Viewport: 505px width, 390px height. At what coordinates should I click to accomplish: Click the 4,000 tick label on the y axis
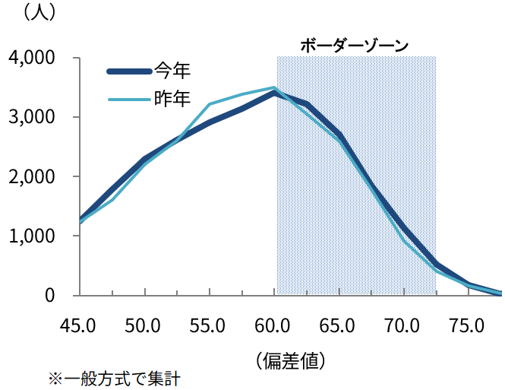point(30,58)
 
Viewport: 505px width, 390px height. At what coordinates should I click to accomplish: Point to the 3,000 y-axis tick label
point(30,117)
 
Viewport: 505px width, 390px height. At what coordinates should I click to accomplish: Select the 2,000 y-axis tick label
point(30,176)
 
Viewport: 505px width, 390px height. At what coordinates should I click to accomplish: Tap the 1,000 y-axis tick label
point(30,236)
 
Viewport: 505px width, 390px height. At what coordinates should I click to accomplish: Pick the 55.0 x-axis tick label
point(208,326)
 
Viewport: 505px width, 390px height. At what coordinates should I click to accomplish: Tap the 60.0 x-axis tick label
point(273,326)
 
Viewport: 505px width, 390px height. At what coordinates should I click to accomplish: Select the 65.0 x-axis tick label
point(339,326)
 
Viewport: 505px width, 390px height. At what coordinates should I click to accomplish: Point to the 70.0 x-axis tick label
point(403,326)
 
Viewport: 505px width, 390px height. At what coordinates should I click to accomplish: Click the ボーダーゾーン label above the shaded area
point(355,45)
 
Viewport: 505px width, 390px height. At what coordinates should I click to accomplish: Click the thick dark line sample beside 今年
point(129,71)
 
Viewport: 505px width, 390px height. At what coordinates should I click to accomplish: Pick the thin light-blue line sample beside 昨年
point(129,99)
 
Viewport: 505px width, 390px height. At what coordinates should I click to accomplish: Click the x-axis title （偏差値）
point(291,359)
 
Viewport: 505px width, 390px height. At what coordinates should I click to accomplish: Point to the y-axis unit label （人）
point(40,13)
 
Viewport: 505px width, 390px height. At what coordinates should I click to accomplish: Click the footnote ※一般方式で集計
point(114,378)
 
